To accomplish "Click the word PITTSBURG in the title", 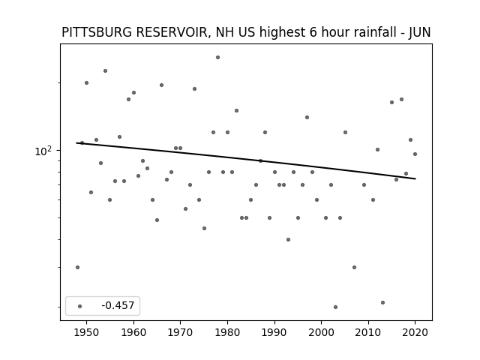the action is [98, 32].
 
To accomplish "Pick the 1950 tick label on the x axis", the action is [87, 332].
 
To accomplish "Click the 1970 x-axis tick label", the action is [180, 332].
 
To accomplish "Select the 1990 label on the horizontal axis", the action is [274, 332].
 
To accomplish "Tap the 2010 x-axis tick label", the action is [368, 332].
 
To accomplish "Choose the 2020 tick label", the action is [415, 332].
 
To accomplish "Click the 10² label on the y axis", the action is [43, 151].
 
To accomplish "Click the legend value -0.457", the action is [118, 305].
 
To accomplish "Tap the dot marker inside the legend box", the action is [80, 306].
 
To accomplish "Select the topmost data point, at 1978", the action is [217, 57].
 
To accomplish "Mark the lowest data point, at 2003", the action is [335, 307].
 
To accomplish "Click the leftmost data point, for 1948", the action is [77, 267].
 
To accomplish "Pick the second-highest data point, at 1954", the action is [105, 70].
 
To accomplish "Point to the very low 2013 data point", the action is [382, 302].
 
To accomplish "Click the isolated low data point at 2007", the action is [354, 267].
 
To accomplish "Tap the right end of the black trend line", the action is [415, 178].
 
